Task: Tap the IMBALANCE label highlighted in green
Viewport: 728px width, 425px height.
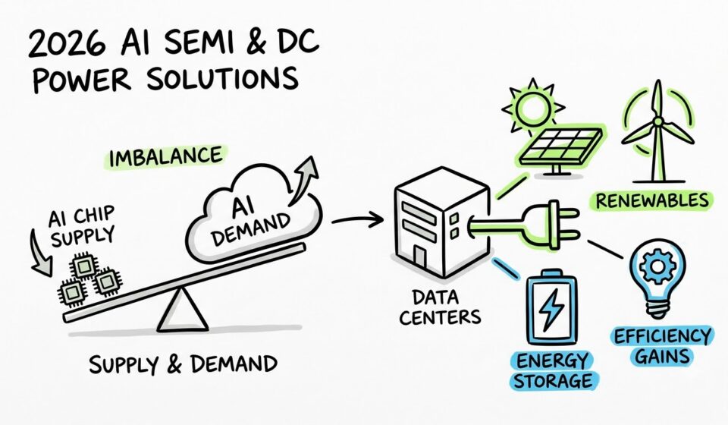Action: tap(165, 157)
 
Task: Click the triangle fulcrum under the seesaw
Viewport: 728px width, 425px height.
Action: tap(181, 310)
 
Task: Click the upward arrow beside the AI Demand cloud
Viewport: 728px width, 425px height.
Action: tap(303, 179)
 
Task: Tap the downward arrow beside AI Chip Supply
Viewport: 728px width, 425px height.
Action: tap(40, 253)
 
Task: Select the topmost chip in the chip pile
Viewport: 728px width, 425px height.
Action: tap(84, 266)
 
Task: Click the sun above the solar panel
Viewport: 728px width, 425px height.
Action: tap(532, 106)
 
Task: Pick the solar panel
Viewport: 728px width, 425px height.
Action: tap(560, 148)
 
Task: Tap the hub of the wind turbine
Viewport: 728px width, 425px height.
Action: tap(657, 121)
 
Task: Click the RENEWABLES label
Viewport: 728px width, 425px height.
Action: tap(652, 200)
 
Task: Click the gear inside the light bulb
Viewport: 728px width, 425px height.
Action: tap(657, 266)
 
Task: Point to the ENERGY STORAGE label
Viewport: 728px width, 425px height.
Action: tap(553, 370)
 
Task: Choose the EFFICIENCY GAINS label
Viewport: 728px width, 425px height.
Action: tap(662, 347)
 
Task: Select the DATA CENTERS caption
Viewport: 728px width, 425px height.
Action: tap(440, 307)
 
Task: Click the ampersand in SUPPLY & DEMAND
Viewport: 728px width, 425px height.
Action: tap(174, 365)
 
